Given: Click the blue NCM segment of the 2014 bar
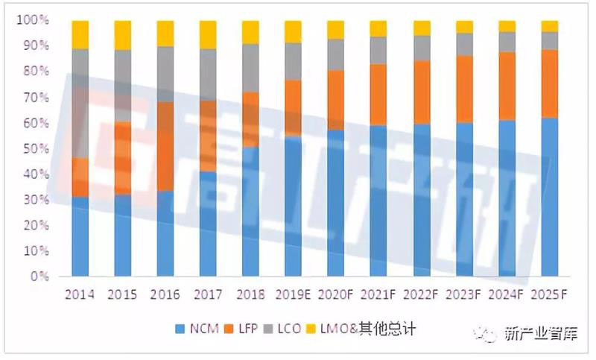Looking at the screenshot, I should coord(80,236).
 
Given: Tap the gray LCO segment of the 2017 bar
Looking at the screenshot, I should coord(208,75).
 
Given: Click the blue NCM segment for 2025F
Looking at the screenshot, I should coord(550,197).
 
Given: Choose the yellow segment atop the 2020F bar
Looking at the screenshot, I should coord(336,30).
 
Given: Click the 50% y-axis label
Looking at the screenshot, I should coord(36,148).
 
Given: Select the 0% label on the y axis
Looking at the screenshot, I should coord(39,277).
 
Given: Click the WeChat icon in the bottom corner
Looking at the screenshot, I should coord(489,333).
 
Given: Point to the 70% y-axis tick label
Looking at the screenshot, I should coord(36,98).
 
